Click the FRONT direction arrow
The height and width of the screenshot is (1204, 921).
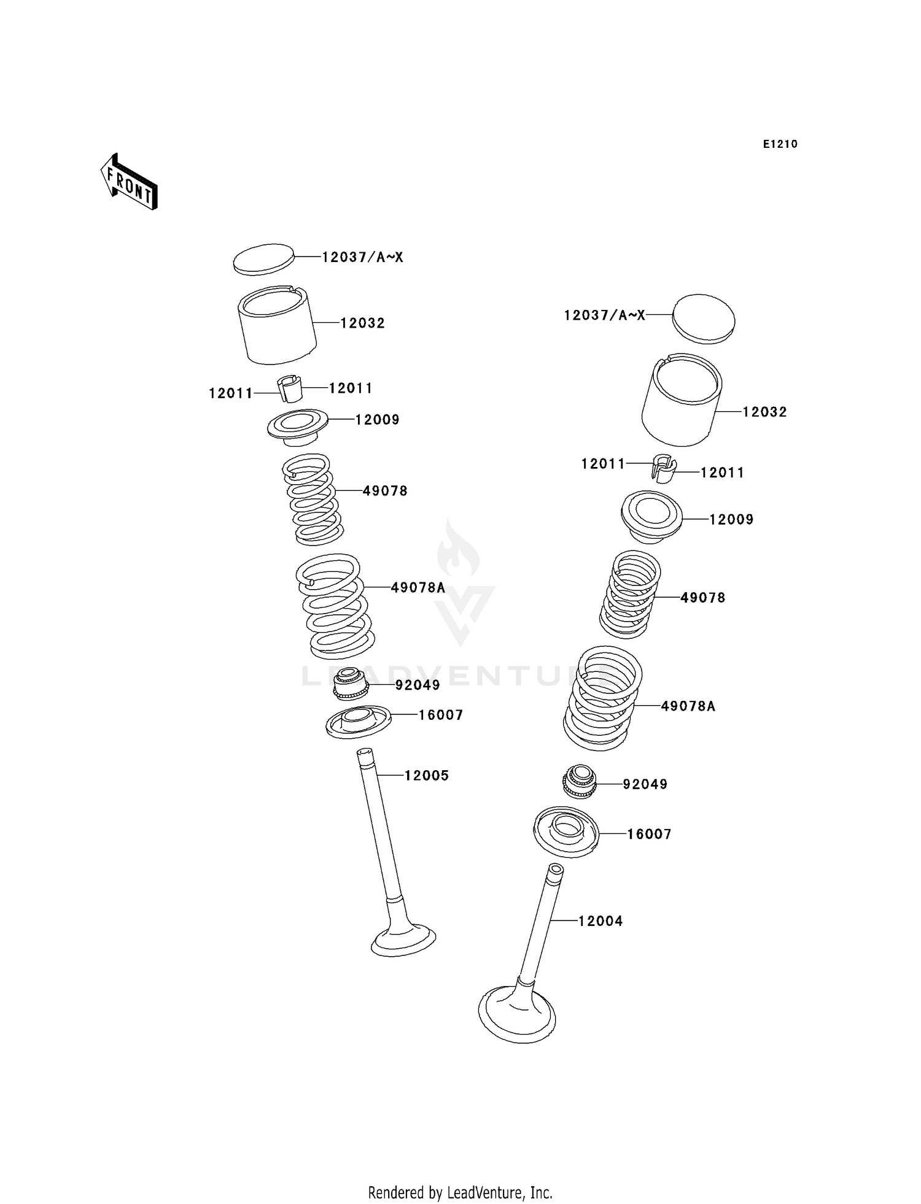130,183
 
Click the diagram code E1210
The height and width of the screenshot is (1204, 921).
780,144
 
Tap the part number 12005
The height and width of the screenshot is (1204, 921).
426,776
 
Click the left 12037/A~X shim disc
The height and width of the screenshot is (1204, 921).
263,258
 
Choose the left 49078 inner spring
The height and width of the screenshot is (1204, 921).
313,500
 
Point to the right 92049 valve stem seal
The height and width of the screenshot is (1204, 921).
580,782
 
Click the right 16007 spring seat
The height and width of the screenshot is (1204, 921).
566,832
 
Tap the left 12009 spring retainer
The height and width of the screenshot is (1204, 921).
298,425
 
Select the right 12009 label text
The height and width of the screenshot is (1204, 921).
731,520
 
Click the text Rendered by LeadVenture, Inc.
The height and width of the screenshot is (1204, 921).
460,1192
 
